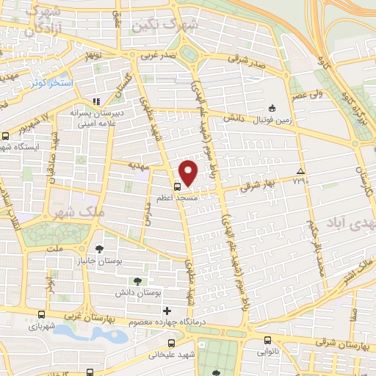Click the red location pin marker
pos(189,173)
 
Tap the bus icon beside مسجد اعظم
pos(178,187)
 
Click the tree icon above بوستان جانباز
pos(99,247)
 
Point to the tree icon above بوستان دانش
pos(137,281)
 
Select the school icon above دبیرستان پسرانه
pos(95,101)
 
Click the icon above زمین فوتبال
pos(272,107)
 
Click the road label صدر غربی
pos(159,54)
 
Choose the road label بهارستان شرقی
pos(344,344)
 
